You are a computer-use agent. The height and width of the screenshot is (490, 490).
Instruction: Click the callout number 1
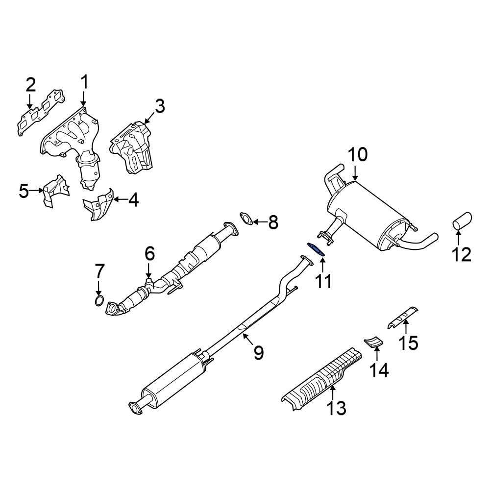(x=84, y=82)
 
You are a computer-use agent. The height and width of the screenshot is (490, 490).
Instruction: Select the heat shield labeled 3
(x=133, y=147)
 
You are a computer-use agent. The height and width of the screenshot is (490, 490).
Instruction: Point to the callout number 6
(x=149, y=253)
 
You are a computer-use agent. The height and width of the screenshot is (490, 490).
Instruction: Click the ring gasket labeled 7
(x=99, y=300)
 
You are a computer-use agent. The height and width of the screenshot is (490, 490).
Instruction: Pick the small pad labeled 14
(x=374, y=341)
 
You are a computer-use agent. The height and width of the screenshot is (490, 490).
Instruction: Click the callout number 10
(x=357, y=155)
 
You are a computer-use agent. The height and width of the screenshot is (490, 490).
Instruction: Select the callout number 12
(x=461, y=254)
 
